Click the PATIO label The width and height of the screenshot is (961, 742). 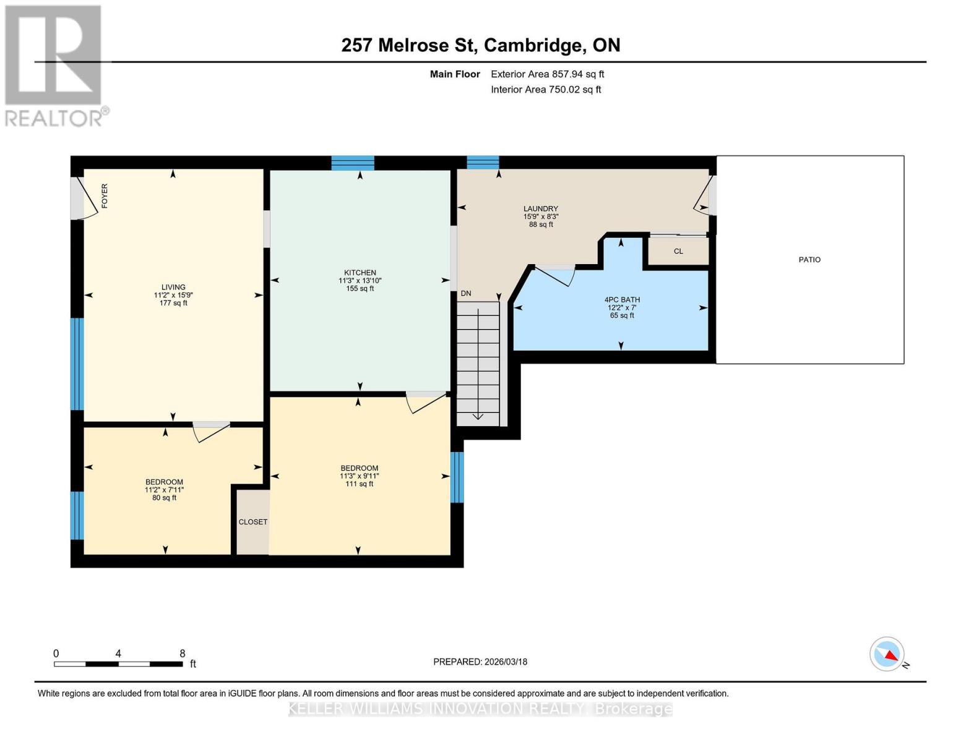(809, 260)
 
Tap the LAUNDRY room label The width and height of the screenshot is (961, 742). (540, 209)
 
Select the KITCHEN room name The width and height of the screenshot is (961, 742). (360, 273)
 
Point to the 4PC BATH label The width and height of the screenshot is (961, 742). (622, 300)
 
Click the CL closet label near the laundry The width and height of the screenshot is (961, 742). (678, 251)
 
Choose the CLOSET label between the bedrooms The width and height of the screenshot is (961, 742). (253, 522)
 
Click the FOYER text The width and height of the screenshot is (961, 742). (105, 195)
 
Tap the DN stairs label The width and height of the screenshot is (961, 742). (466, 294)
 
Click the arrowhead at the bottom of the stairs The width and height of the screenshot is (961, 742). (478, 416)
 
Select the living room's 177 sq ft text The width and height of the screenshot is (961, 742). (173, 303)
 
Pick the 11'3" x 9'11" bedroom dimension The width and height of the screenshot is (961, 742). (359, 476)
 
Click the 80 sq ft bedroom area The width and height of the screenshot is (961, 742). (164, 498)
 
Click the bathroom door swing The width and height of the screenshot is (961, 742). (555, 275)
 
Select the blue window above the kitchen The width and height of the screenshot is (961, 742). (353, 163)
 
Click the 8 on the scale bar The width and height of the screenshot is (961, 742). (182, 654)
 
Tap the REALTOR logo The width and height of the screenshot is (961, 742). (54, 65)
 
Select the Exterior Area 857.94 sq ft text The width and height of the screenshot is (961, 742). (547, 74)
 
